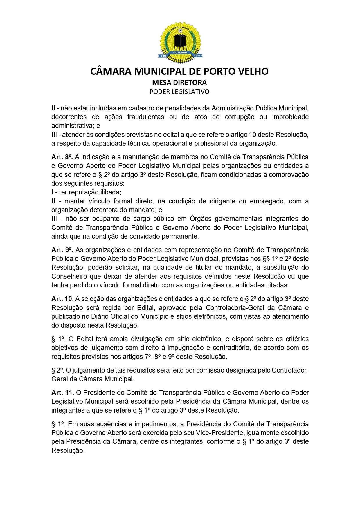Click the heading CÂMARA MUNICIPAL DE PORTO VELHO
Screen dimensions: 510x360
(x=180, y=71)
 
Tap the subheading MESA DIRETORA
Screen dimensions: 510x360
(x=179, y=83)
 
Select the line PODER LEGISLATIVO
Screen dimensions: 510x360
(x=179, y=92)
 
